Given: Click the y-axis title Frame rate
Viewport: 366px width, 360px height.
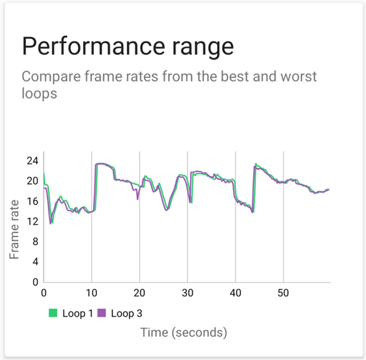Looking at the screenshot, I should tap(15, 229).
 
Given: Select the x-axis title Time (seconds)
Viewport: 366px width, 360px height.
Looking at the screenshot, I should tap(183, 333).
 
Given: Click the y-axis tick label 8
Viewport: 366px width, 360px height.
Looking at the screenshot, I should tap(34, 241).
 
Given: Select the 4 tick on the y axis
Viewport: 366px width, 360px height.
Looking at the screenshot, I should tap(34, 261).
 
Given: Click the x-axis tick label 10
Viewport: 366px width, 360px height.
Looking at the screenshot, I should tap(92, 293).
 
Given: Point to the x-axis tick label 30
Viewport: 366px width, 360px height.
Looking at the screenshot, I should tap(187, 293).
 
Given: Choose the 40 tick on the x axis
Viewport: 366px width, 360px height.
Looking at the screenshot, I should tap(235, 293).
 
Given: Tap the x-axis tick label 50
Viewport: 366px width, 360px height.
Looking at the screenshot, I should tap(283, 293).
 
